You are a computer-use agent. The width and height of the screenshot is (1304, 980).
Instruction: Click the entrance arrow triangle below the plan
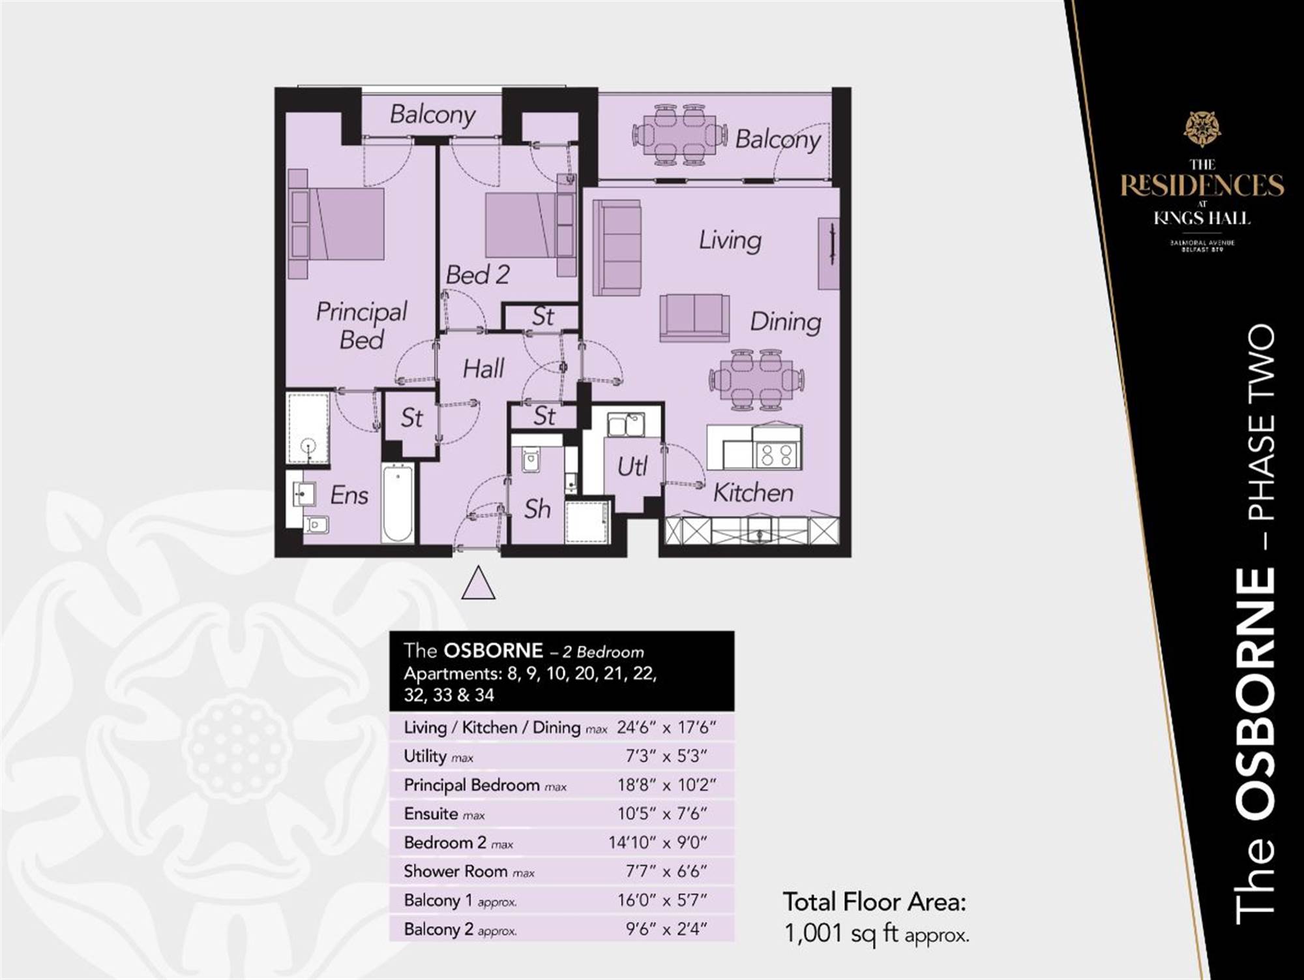tap(478, 583)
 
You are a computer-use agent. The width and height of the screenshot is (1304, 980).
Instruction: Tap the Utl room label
tap(632, 467)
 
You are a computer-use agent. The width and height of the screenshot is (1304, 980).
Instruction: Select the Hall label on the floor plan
tap(483, 369)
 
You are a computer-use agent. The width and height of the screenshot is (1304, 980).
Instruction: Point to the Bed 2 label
tap(477, 275)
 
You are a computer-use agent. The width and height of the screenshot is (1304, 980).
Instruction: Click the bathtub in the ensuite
tap(397, 502)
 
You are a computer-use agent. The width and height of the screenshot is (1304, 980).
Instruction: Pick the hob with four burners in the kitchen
tap(777, 454)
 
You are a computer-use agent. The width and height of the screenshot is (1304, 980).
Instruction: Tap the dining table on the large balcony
tap(679, 135)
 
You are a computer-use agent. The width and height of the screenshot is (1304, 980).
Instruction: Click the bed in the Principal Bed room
tap(336, 224)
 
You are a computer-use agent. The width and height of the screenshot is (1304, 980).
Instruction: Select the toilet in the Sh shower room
tap(530, 459)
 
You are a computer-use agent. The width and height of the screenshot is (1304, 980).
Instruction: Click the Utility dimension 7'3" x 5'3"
tap(666, 756)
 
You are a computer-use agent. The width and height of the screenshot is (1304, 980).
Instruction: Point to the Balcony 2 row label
tap(460, 929)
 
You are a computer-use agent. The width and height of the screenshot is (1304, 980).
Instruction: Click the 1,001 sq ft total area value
tap(876, 934)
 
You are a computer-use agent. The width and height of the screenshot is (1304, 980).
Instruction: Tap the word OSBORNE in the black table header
tap(493, 651)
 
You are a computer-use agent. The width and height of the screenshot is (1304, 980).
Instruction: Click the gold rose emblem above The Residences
tap(1202, 129)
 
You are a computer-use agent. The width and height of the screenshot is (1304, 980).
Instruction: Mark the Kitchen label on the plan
tap(753, 493)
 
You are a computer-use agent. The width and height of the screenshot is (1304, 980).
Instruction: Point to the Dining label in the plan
tap(785, 322)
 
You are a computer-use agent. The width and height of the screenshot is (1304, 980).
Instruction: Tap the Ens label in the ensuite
tap(349, 495)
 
